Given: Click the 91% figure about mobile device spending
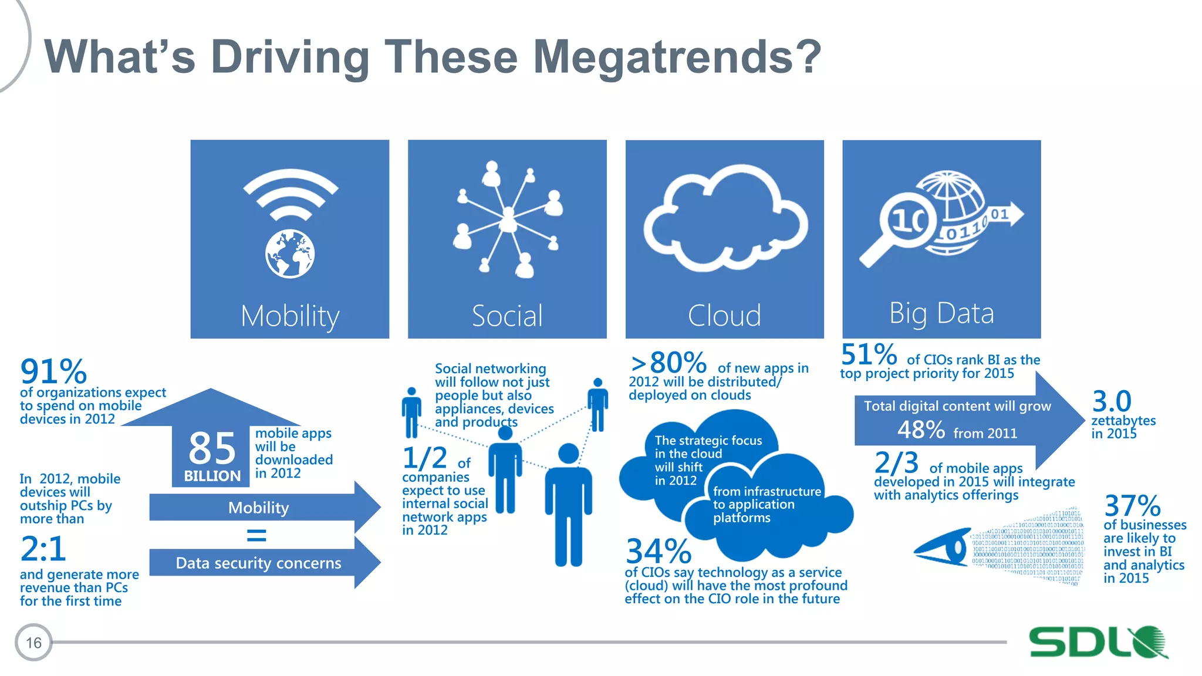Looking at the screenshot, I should [53, 372].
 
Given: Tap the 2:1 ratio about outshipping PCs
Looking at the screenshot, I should [43, 549].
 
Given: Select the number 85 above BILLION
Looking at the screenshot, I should [212, 448].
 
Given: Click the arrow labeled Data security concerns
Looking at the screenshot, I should [259, 563].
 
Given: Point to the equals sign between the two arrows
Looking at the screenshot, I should [256, 535].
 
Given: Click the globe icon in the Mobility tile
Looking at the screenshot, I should [290, 254].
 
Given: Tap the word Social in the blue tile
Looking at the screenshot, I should [507, 316].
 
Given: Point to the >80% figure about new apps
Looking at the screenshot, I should [669, 363].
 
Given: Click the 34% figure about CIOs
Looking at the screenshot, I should [659, 552].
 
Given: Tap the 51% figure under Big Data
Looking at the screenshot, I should [869, 355].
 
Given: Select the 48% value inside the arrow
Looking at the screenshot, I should [921, 430].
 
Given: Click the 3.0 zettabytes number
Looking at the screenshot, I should [1112, 402].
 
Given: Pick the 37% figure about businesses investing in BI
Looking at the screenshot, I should [1132, 506].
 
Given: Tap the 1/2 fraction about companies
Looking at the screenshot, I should [424, 458].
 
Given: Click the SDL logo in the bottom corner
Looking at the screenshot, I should [1098, 641].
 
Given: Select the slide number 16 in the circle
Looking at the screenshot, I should [33, 643].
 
